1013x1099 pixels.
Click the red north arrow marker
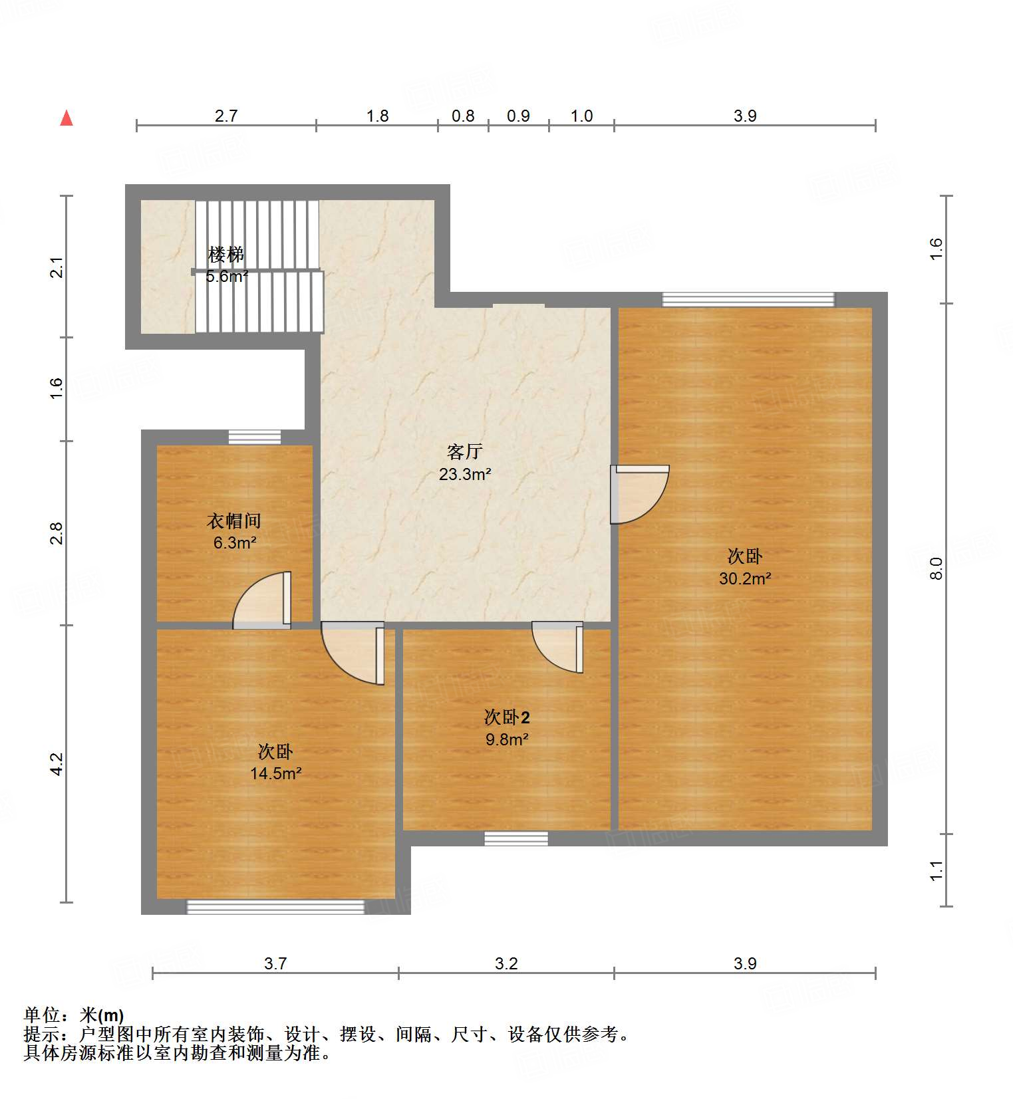tap(67, 118)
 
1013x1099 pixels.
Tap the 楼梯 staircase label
tap(226, 254)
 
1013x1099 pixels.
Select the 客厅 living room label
tap(464, 452)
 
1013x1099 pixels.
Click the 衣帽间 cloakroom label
tap(234, 521)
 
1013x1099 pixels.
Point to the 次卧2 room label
tap(507, 717)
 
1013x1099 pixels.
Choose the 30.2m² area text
tap(745, 578)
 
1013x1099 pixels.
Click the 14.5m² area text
tap(275, 773)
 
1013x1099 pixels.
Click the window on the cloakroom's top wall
tap(255, 437)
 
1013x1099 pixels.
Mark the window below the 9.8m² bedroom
tap(516, 838)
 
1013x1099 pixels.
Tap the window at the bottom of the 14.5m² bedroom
tap(275, 907)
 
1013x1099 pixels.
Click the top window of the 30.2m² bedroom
tap(748, 299)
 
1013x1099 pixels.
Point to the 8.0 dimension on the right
tap(937, 568)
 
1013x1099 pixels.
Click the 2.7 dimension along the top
tap(226, 116)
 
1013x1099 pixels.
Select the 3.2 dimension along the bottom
tap(506, 963)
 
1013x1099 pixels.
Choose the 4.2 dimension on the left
tap(57, 763)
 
